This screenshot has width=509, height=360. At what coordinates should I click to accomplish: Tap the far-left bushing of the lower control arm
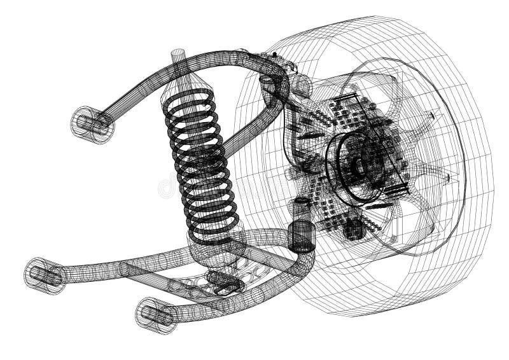(45, 275)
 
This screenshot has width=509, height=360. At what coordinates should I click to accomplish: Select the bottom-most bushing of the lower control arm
(155, 314)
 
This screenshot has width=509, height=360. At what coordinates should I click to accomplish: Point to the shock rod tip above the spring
(179, 57)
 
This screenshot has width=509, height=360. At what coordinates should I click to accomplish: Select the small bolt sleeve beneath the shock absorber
(223, 280)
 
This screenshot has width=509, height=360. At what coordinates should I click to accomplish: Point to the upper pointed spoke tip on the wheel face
(432, 116)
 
